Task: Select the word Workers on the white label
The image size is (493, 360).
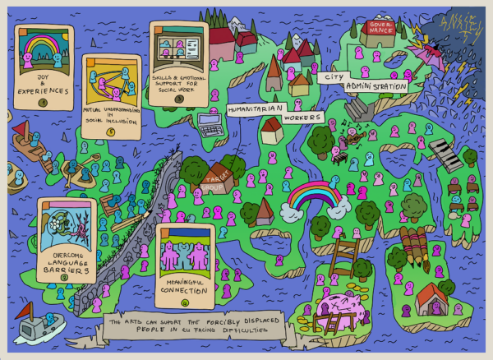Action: pyautogui.click(x=302, y=118)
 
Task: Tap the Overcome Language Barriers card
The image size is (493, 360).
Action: pyautogui.click(x=67, y=239)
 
